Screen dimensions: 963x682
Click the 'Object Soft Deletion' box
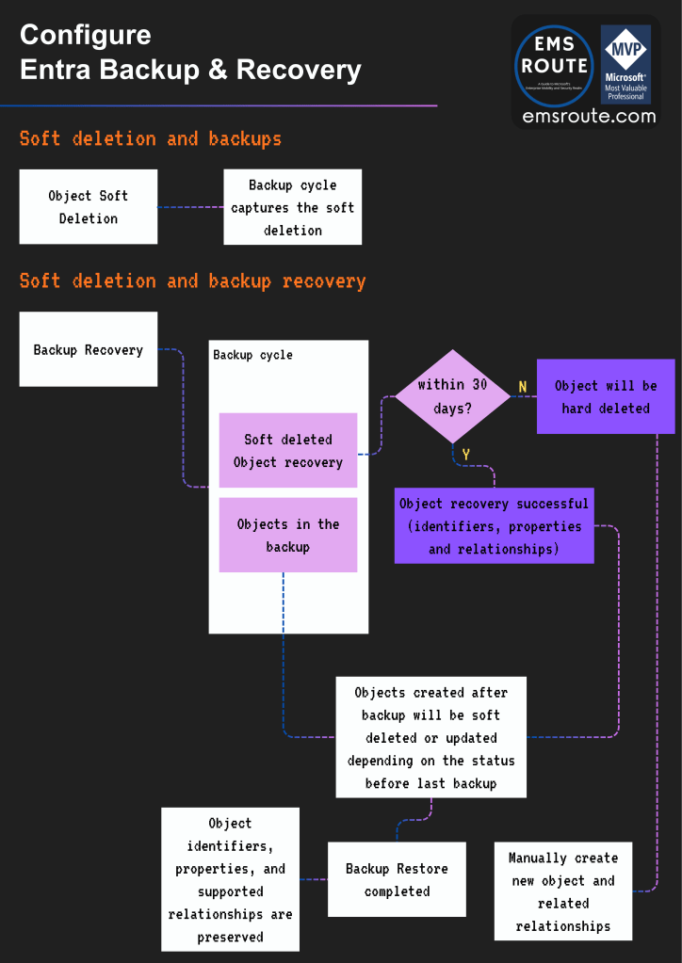[x=89, y=207]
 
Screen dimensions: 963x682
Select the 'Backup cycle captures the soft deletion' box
[x=292, y=207]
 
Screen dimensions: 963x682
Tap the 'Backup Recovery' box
[x=89, y=350]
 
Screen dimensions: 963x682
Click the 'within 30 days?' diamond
[x=453, y=395]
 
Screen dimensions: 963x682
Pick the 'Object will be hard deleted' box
[x=606, y=396]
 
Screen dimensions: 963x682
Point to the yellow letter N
[x=523, y=387]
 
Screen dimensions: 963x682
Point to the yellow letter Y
[x=465, y=455]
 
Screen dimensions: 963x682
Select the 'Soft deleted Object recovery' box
[x=287, y=450]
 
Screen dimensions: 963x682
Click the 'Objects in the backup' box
[x=287, y=536]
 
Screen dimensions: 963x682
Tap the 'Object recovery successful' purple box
[x=494, y=526]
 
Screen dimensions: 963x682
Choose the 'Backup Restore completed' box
[x=397, y=879]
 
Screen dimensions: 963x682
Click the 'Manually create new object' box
[x=562, y=891]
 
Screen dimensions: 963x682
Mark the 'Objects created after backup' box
[x=431, y=737]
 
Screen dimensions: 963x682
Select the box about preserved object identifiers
[x=230, y=879]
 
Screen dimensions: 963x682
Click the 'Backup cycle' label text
[x=252, y=355]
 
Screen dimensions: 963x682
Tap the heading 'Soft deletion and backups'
[x=151, y=139]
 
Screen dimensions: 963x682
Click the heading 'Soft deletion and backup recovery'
[x=192, y=281]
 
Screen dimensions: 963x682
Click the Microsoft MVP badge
[x=625, y=64]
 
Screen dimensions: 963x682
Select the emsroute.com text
[x=589, y=117]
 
